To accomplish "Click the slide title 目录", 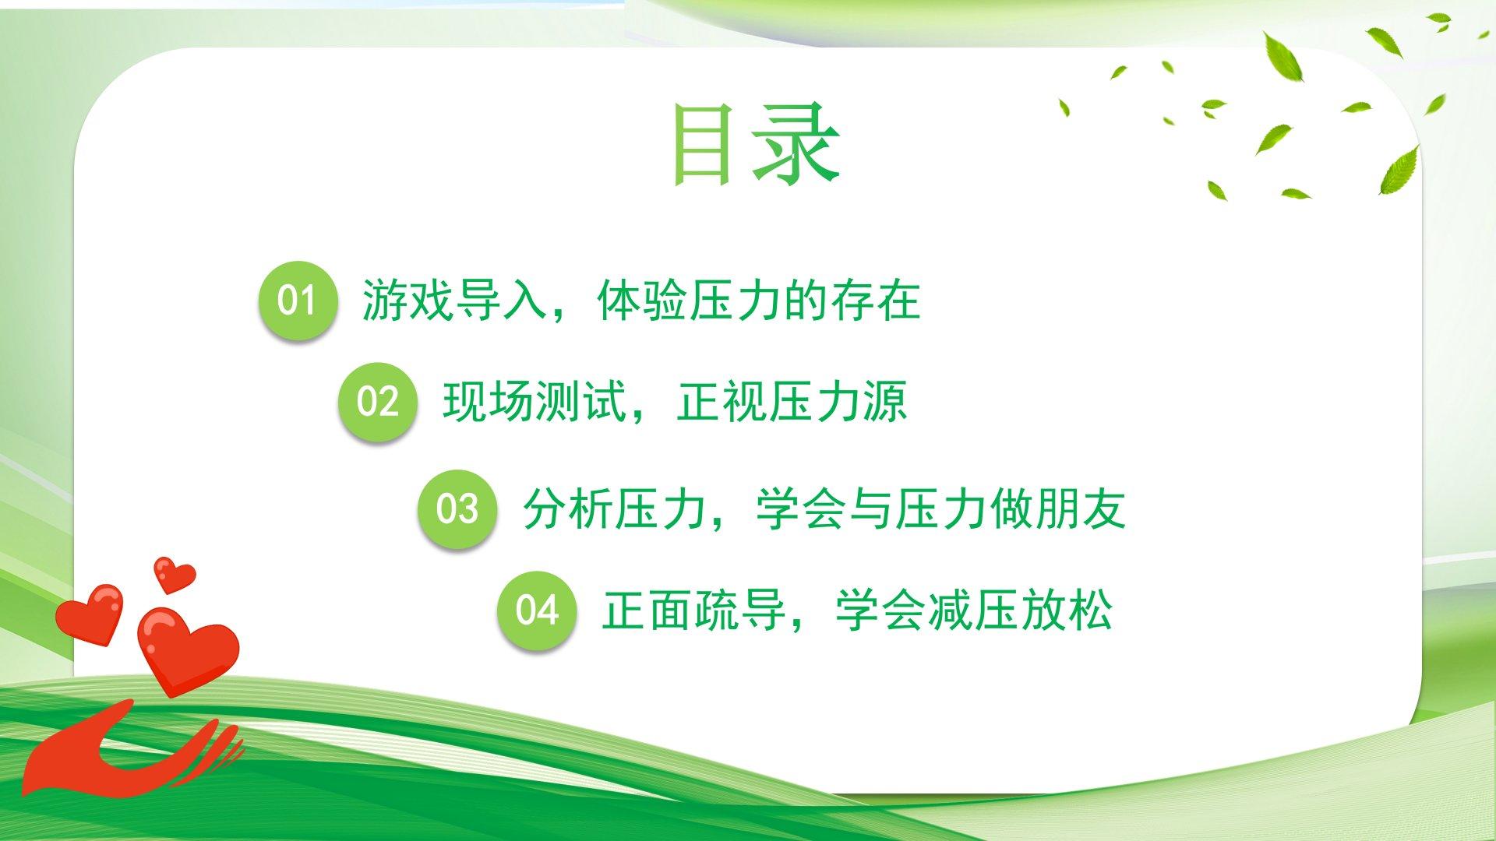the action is [756, 145].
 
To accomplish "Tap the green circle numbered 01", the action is [298, 300].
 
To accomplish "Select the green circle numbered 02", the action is [377, 402].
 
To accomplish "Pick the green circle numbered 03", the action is [457, 508].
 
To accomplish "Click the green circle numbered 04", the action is [537, 610].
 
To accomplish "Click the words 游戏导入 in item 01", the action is [455, 300].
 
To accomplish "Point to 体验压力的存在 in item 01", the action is [759, 300].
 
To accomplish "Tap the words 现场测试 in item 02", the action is [535, 402].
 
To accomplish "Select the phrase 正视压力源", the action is [792, 402].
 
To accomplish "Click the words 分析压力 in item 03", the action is [615, 509].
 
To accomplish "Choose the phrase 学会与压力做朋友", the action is [941, 509].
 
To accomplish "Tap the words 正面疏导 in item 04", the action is [694, 611].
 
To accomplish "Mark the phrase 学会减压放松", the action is [974, 611].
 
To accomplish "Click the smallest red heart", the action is [174, 574].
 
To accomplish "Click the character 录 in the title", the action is [796, 145].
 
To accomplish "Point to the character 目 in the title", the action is [704, 146].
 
